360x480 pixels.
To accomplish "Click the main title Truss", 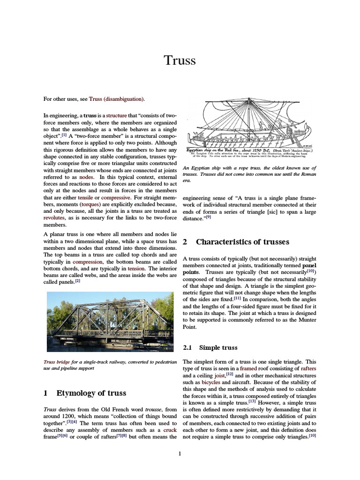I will tap(180, 60).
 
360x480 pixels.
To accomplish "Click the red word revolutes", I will tap(54, 218).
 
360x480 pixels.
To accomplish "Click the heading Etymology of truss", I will tap(91, 393).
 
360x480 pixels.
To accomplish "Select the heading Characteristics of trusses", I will tap(242, 242).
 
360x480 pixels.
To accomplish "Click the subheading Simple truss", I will tap(218, 347).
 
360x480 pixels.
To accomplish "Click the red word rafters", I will tap(307, 368).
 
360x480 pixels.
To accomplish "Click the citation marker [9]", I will tap(209, 217).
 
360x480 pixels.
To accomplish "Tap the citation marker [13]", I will tap(252, 401).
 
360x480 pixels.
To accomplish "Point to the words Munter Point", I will tap(302, 323).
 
